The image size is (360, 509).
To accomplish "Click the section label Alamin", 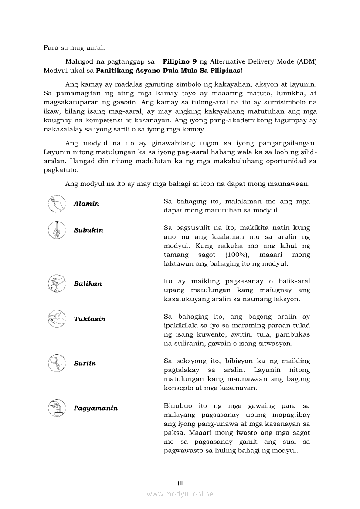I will [86, 204].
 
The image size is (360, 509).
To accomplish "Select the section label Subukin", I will [88, 230].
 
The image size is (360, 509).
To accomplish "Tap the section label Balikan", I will [88, 283].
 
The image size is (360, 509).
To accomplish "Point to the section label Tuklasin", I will [89, 319].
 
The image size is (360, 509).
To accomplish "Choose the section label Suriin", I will [85, 363].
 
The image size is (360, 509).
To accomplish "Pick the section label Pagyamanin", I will [95, 408].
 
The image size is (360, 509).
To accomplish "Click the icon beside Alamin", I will [57, 203].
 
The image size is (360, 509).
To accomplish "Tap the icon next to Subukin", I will [57, 230].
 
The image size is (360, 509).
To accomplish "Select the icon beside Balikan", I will [57, 283].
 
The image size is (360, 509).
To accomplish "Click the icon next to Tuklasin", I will [57, 319].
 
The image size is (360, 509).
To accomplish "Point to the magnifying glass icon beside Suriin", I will [57, 363].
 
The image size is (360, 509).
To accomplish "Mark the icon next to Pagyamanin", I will [57, 408].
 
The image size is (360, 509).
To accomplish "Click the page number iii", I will [180, 483].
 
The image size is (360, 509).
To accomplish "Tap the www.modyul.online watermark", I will [180, 494].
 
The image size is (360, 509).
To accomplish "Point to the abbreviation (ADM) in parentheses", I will [307, 61].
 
